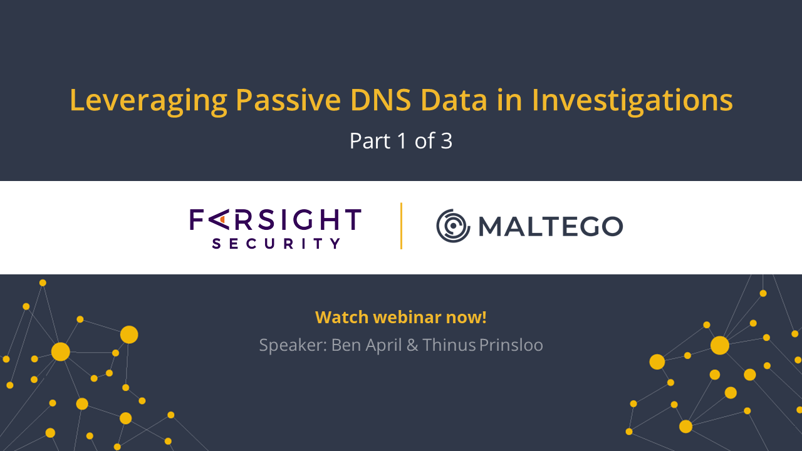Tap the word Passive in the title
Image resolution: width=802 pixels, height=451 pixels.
tap(288, 100)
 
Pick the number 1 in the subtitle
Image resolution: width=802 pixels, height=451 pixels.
tap(402, 141)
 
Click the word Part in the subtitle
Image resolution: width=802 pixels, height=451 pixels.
tap(370, 141)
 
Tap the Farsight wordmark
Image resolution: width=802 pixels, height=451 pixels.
tap(275, 219)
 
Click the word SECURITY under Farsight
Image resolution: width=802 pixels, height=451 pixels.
tap(276, 244)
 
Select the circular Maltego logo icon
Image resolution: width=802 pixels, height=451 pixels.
tap(453, 226)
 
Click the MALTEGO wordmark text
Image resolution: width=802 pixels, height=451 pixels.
tap(551, 227)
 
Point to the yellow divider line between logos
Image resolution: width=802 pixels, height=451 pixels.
tap(401, 226)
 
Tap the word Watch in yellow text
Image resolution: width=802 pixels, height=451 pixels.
tap(342, 317)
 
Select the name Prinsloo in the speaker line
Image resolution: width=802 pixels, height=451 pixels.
tap(511, 345)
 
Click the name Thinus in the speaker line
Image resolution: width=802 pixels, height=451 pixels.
tap(449, 345)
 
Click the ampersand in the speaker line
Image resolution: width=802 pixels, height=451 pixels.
tap(412, 345)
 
